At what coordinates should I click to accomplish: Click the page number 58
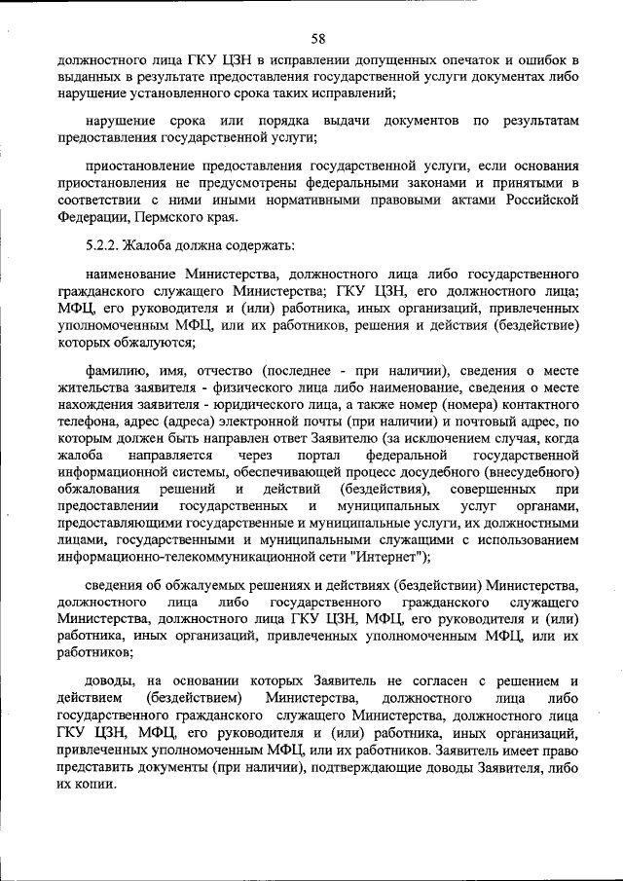[x=317, y=39]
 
